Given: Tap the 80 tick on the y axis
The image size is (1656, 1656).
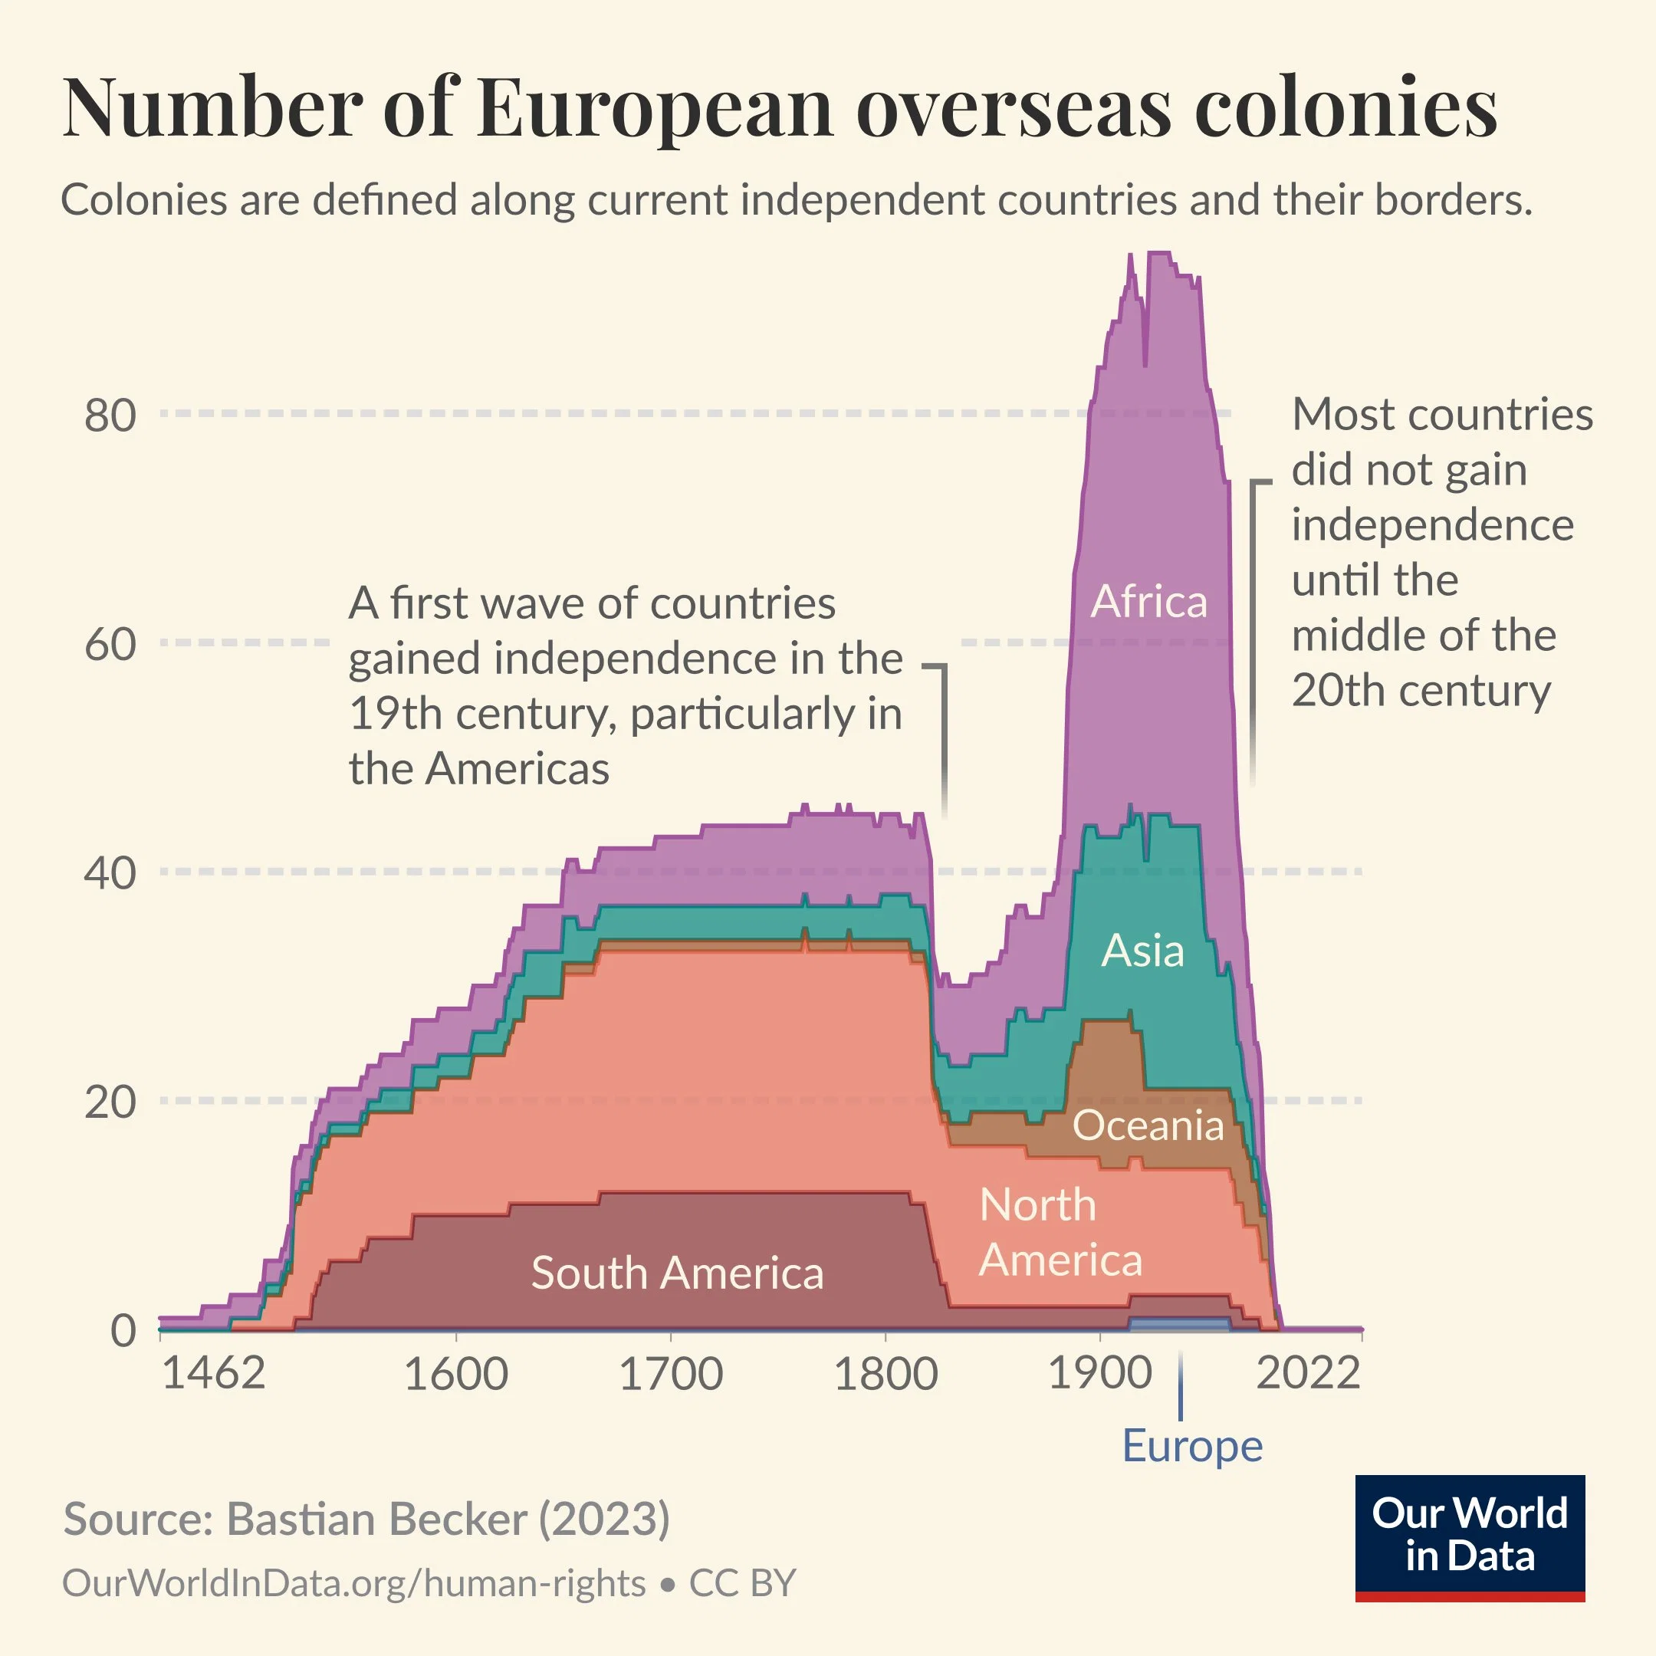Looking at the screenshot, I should click(110, 416).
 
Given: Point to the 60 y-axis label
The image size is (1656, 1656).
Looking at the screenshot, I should click(110, 645).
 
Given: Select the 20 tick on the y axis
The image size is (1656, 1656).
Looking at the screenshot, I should click(110, 1102).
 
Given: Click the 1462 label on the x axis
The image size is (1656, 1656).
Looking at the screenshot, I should click(212, 1375).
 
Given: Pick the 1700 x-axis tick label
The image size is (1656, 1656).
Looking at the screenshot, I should click(670, 1375).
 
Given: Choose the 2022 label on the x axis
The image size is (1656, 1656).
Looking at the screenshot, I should click(1308, 1375).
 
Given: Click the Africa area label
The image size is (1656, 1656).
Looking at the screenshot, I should click(1148, 602).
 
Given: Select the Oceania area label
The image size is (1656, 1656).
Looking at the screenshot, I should click(1148, 1126).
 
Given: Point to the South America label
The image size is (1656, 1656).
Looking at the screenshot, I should click(677, 1273).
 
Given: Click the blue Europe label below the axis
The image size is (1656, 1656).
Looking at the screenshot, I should click(1192, 1447).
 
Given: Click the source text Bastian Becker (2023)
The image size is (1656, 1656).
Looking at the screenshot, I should click(448, 1520).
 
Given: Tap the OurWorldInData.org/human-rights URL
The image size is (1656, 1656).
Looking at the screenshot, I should click(354, 1584).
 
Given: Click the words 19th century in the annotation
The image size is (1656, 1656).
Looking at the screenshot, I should click(481, 714).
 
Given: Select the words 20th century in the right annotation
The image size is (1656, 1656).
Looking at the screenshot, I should click(1421, 691).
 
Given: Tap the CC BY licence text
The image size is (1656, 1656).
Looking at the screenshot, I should click(742, 1584).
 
